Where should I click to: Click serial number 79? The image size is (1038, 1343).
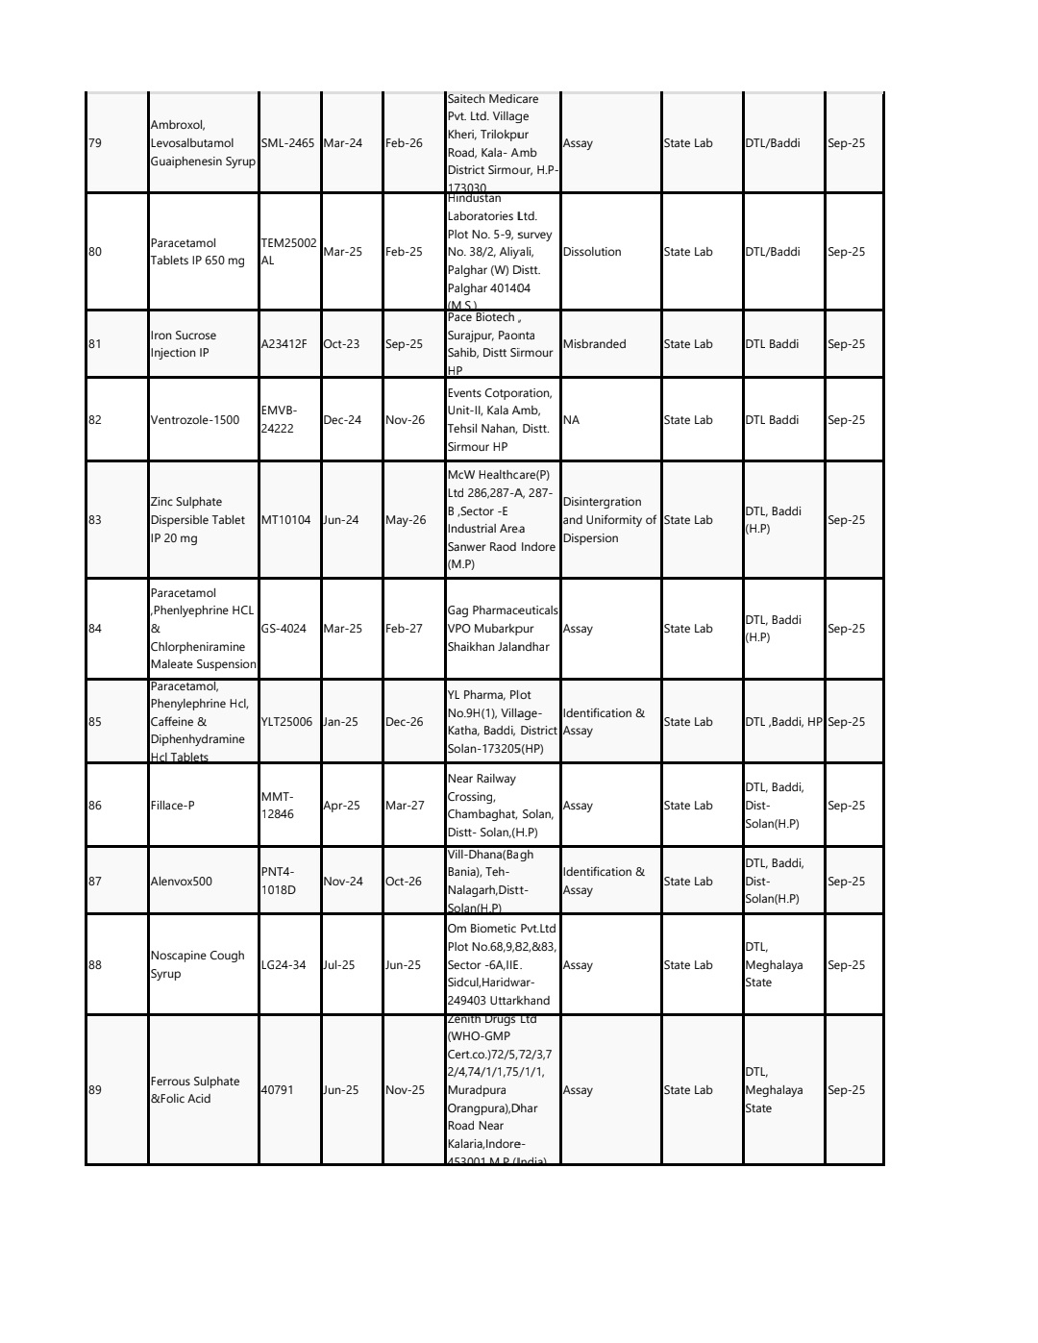(95, 143)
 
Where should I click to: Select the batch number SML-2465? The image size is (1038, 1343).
(287, 143)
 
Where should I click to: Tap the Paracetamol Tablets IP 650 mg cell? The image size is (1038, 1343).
(198, 252)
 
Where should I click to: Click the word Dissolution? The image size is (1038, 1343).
(592, 252)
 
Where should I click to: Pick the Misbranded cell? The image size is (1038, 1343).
(594, 344)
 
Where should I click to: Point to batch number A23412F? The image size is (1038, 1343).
(284, 344)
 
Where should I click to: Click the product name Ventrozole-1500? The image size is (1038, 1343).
(195, 420)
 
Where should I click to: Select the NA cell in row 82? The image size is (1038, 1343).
(571, 420)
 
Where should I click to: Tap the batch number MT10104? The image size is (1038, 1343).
(286, 520)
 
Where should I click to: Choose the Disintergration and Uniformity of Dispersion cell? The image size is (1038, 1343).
(609, 520)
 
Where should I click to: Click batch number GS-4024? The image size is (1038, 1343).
(284, 629)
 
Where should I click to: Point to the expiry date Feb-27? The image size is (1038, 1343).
(404, 629)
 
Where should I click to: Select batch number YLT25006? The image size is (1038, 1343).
(286, 722)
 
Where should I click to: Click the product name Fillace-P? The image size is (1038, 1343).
(173, 806)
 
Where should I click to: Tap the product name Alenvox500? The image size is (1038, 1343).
(182, 882)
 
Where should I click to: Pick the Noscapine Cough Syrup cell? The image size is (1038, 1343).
(198, 965)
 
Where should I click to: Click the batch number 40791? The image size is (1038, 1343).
(278, 1090)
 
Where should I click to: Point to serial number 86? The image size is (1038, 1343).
(95, 806)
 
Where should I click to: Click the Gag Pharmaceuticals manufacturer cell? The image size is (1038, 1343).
(503, 629)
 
